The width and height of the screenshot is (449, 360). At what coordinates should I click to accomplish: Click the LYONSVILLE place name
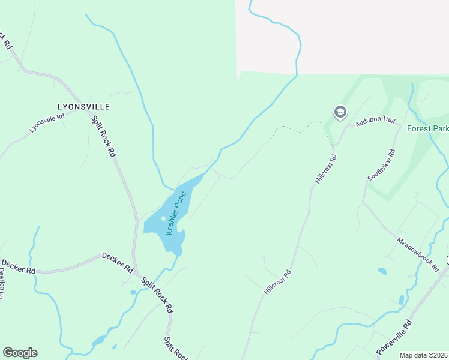[83, 107]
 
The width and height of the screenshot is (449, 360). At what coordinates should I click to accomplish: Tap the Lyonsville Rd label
[46, 124]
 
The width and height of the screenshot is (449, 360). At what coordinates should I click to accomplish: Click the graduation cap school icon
[340, 112]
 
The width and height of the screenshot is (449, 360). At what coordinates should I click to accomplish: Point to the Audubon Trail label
[375, 122]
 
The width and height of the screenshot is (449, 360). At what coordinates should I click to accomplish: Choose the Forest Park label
[427, 128]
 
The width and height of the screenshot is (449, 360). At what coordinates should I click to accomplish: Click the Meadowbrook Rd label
[418, 254]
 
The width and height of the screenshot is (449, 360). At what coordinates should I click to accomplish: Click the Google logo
[20, 353]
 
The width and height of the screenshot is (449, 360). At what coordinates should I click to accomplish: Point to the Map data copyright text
[423, 355]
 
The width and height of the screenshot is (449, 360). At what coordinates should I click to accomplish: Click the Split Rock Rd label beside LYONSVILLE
[103, 136]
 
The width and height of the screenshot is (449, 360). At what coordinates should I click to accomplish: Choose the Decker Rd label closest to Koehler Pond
[117, 263]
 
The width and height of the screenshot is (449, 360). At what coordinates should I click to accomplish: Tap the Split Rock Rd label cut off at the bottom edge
[176, 348]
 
